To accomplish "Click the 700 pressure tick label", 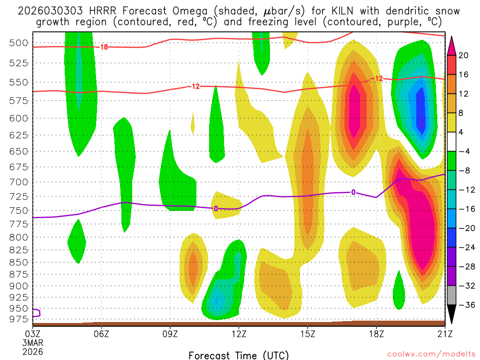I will (x=18, y=181).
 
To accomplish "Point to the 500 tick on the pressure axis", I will (x=18, y=43).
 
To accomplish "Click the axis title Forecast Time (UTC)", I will (x=239, y=355).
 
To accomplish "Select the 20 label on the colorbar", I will (x=463, y=55).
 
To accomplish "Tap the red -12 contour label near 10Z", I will (x=194, y=86).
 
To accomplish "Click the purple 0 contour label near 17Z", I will (x=353, y=192).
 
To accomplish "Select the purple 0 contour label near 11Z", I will (x=216, y=208).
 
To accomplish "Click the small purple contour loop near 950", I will (x=36, y=313).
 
